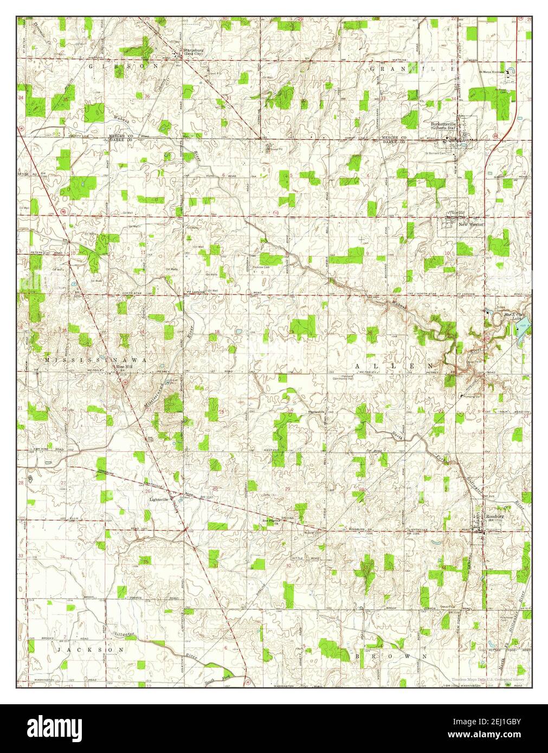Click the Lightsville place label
tap(160, 499)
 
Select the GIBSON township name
tap(124, 66)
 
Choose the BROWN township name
tap(390, 655)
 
